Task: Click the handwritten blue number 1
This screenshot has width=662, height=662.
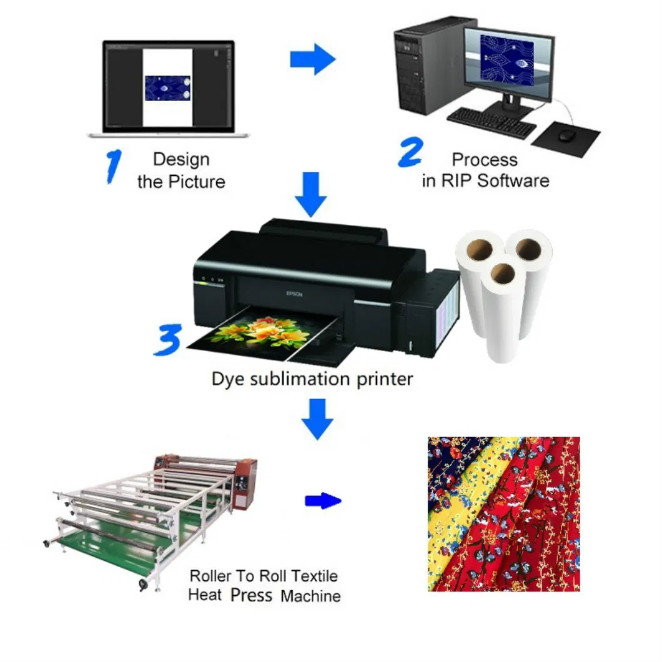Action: pos(113,166)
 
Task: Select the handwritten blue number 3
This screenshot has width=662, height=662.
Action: pos(168,340)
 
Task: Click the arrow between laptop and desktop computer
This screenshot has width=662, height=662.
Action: pos(313,59)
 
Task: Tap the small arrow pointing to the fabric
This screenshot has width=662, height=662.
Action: pos(323,501)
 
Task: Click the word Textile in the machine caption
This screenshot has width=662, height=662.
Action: pos(314,576)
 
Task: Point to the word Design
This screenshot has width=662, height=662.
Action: pos(181,160)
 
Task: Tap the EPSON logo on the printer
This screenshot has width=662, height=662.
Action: pos(294,294)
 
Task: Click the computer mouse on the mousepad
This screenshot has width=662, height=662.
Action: pos(566,136)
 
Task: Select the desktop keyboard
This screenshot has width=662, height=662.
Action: pos(492,122)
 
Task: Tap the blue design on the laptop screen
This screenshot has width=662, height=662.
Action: pos(167,88)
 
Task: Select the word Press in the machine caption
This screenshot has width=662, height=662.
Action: pos(251,596)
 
